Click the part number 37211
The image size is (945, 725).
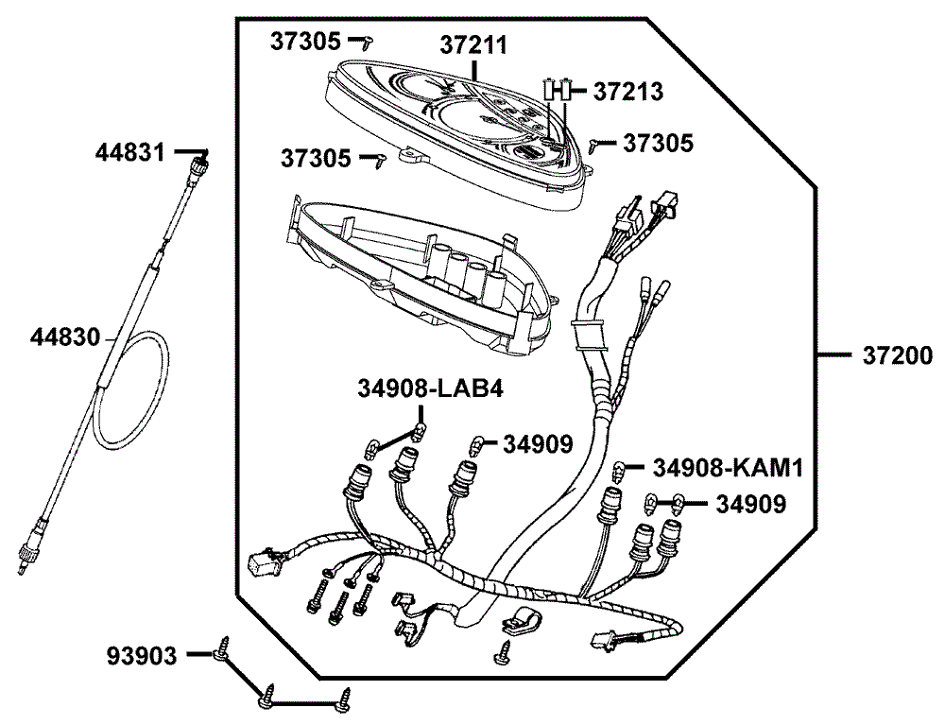[x=473, y=45]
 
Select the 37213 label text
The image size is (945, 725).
[x=627, y=92]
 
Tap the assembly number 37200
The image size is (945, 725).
[x=897, y=356]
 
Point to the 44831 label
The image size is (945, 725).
[x=130, y=151]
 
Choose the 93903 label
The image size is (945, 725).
[x=142, y=655]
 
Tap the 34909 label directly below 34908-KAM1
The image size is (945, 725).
[x=750, y=505]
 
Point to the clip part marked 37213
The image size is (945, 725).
[x=556, y=90]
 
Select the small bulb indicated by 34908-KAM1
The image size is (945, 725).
[x=619, y=469]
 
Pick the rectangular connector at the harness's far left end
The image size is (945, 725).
[x=259, y=563]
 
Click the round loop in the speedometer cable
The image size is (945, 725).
[x=132, y=388]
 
